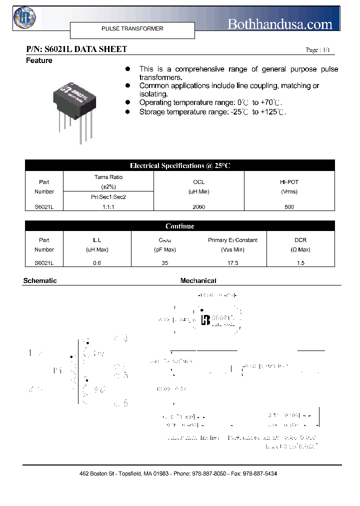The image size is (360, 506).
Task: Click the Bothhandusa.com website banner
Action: coord(279,24)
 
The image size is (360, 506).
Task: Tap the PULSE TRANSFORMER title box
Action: coord(132,29)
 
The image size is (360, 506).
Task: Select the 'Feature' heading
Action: coord(39,60)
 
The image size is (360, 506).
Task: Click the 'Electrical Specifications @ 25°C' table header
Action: coord(180,165)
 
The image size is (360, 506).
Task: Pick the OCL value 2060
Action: coord(198,206)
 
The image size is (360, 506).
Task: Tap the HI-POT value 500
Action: coord(289,206)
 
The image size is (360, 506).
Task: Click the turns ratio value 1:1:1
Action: coord(108,206)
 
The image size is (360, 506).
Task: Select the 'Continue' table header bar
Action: coord(180,226)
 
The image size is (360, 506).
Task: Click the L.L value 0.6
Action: coord(97,263)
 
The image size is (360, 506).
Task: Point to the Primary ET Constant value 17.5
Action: coord(232,263)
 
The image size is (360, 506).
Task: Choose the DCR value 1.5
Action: coord(300,263)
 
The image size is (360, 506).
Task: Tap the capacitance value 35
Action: coord(165,263)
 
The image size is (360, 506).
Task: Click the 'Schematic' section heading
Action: coord(40,281)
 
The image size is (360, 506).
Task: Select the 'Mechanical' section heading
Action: coord(198,281)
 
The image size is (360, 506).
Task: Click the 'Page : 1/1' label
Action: coord(317,50)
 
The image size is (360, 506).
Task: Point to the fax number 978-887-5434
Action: coord(259,473)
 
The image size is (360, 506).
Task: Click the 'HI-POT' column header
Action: coord(289,182)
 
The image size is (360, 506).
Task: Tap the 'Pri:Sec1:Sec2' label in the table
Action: coord(108,197)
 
